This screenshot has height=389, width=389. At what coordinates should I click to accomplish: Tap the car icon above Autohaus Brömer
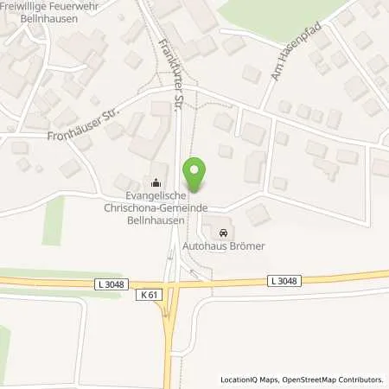point(224,233)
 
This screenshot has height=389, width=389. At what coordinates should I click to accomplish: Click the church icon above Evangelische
point(156,182)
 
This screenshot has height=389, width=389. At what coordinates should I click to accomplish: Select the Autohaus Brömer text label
point(223,246)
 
